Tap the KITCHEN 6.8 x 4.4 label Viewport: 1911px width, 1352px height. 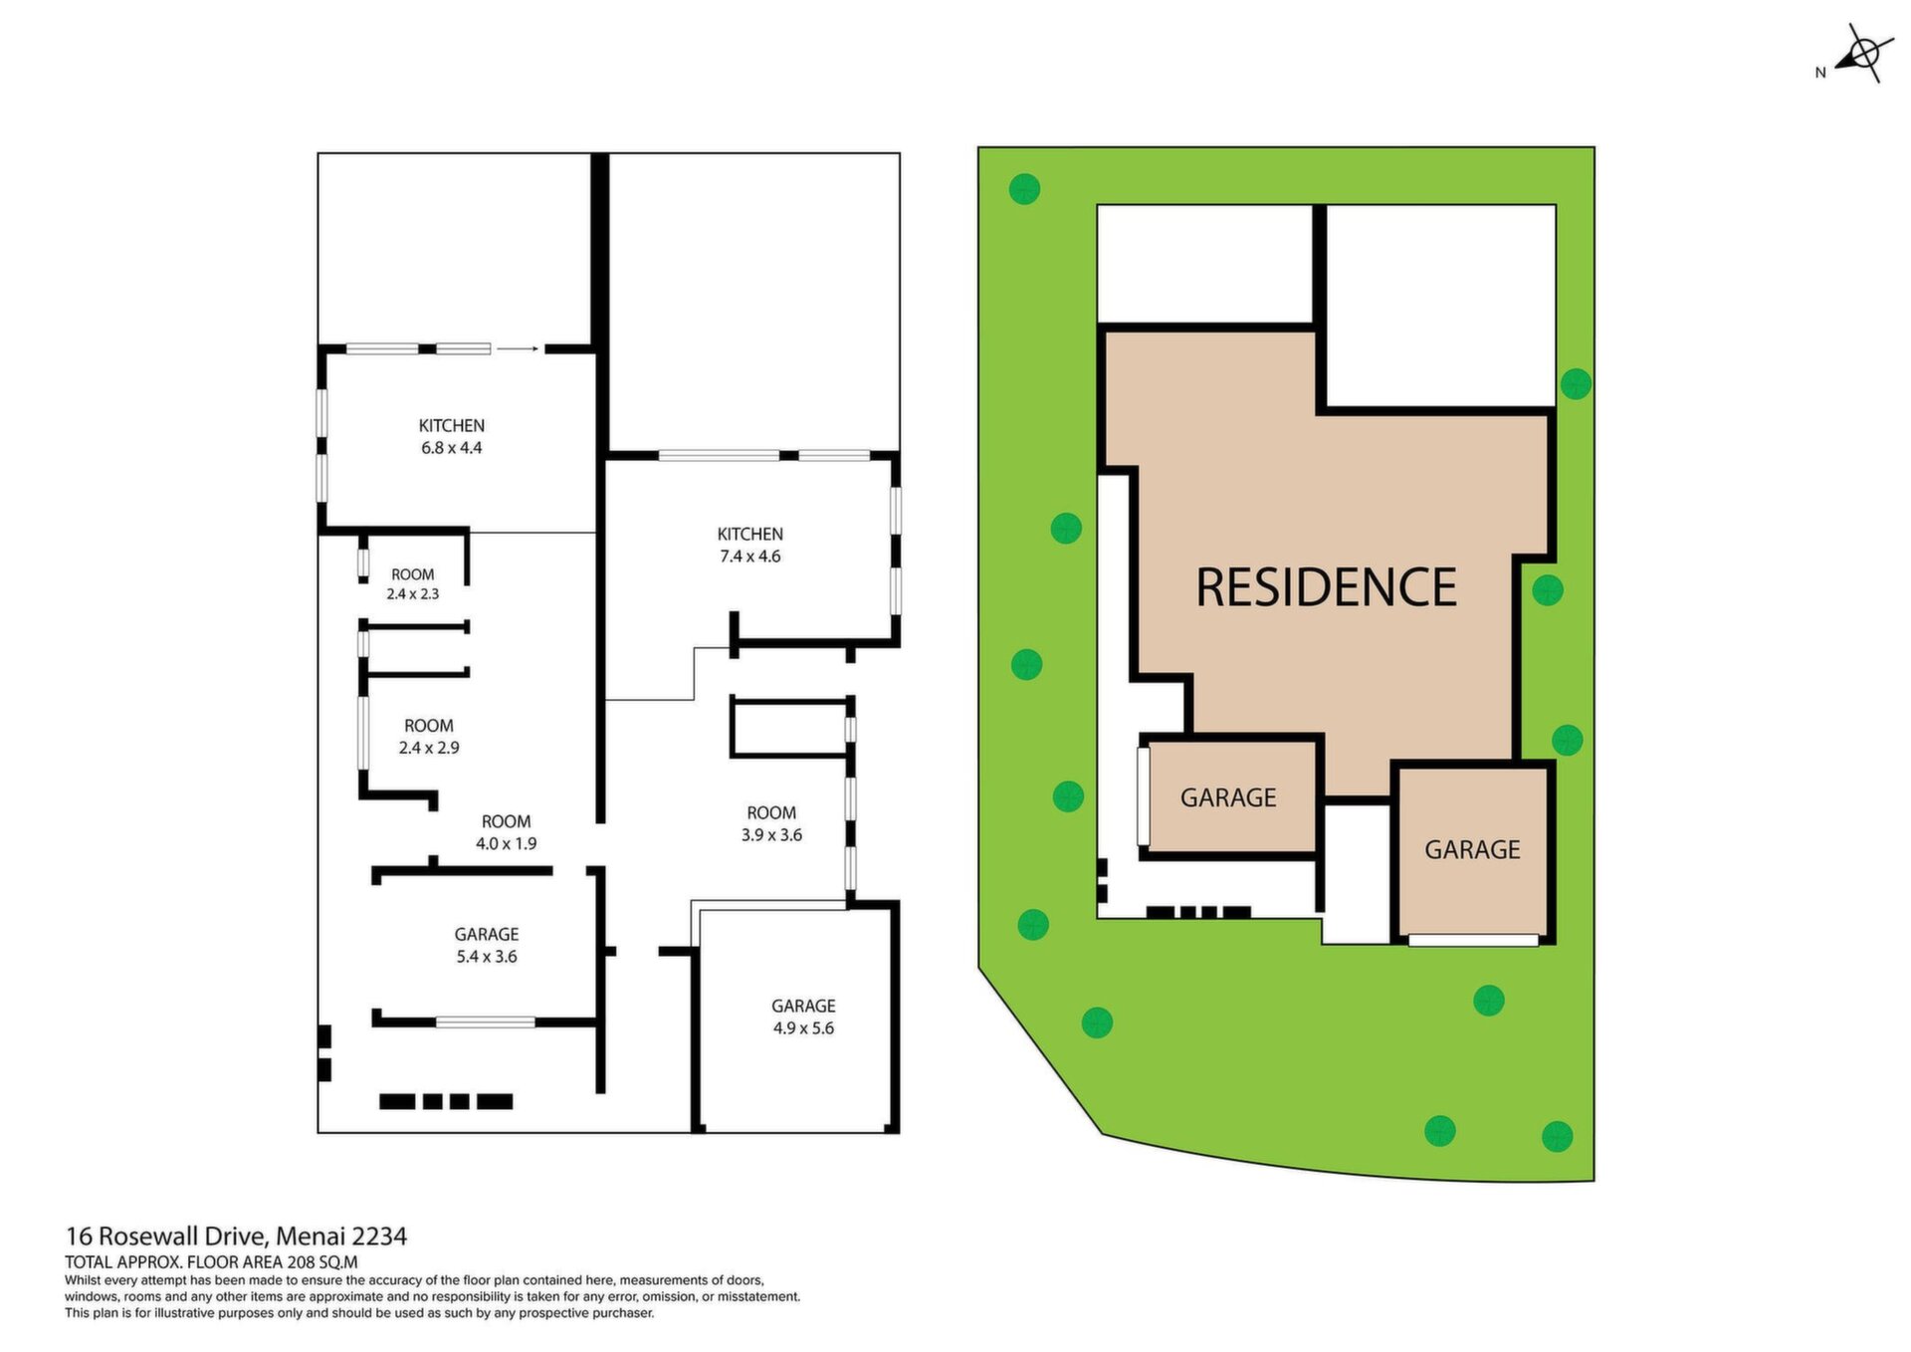click(x=452, y=437)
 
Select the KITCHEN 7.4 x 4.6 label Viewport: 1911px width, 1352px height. click(x=750, y=546)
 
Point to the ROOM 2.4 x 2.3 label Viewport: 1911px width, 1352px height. click(x=413, y=584)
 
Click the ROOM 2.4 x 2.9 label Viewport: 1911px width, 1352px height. click(x=429, y=737)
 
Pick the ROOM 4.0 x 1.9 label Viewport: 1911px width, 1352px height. click(x=506, y=832)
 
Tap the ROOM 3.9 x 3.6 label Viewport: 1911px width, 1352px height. click(x=771, y=823)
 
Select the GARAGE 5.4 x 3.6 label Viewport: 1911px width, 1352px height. click(x=487, y=945)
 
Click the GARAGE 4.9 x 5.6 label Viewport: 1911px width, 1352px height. click(x=803, y=1016)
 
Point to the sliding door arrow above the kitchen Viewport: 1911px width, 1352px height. click(x=518, y=348)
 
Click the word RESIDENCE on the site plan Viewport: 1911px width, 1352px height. click(x=1326, y=587)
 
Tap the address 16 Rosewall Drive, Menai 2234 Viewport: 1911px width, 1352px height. click(x=236, y=1237)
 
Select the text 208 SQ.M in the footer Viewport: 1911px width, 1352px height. click(x=319, y=1262)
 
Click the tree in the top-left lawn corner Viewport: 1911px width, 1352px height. click(x=1024, y=188)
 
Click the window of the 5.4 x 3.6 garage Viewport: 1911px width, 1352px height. click(x=486, y=1021)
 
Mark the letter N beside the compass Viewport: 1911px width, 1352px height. click(x=1820, y=73)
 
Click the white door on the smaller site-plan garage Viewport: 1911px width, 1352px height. click(x=1144, y=796)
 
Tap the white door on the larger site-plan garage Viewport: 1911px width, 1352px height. click(x=1473, y=940)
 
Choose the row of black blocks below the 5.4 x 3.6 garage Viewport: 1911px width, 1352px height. click(x=447, y=1101)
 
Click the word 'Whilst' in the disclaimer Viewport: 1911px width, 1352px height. click(x=81, y=1280)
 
